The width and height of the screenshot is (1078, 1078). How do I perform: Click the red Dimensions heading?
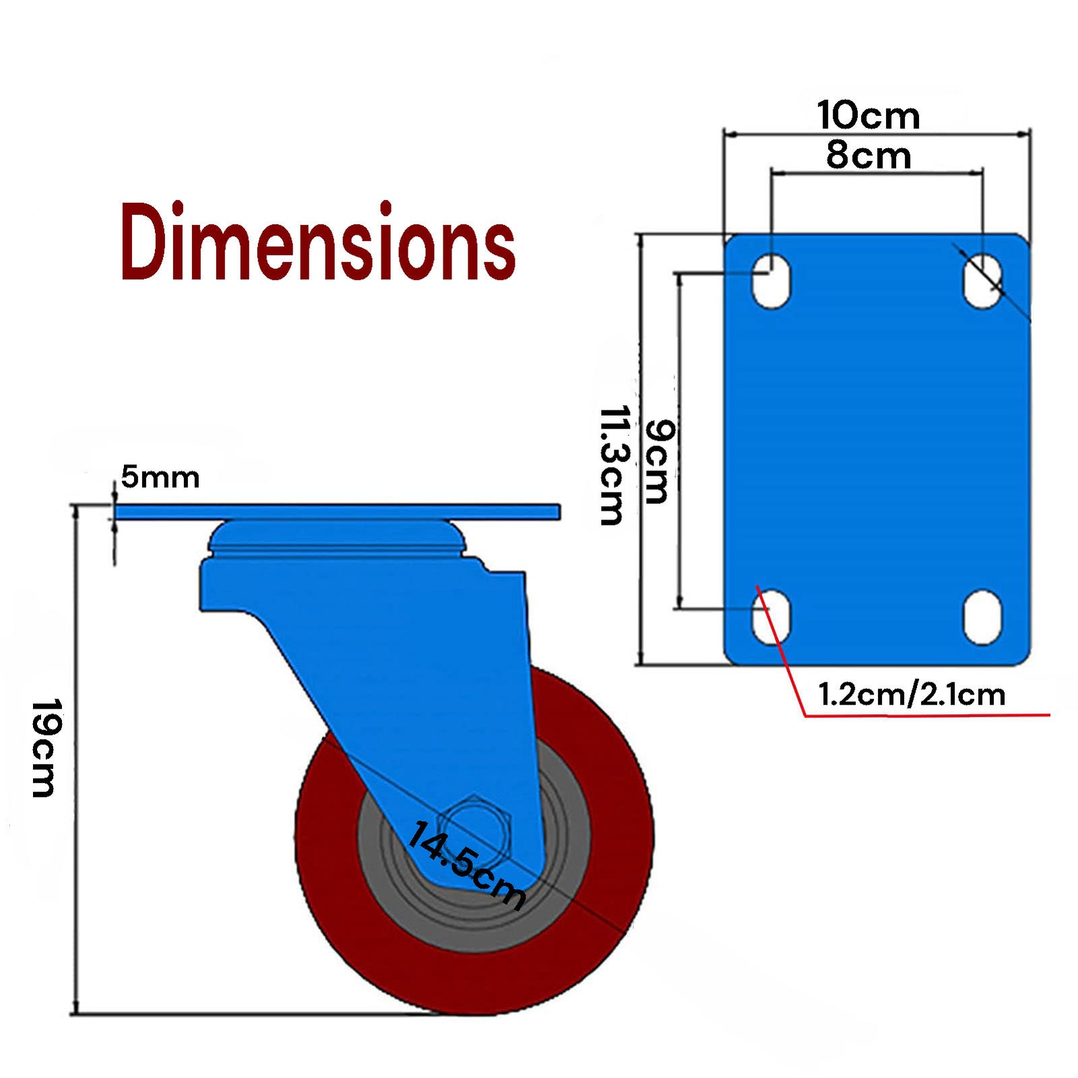point(318,243)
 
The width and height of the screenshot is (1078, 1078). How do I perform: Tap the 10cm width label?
point(868,116)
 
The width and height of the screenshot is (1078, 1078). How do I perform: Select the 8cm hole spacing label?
point(868,156)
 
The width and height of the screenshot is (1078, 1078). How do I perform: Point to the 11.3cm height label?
point(613,465)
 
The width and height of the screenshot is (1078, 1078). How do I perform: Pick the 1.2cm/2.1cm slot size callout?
point(912,695)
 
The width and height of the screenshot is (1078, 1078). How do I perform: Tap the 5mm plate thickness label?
point(160,478)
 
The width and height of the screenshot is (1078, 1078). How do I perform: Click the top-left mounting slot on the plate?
point(771,281)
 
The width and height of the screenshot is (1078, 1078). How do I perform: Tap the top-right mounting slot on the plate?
point(982,281)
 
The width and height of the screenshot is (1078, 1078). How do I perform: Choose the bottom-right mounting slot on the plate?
point(982,617)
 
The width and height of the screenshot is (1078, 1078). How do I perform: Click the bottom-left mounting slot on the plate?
point(771,617)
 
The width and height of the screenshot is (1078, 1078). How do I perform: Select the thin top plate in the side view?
point(337,512)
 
